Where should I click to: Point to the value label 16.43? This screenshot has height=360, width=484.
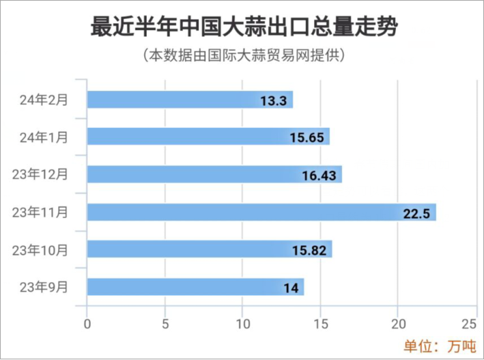(319, 176)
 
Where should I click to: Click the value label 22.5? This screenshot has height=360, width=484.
(415, 213)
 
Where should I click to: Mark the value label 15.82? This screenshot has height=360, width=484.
(309, 250)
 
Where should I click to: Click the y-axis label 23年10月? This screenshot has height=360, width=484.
(40, 249)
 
